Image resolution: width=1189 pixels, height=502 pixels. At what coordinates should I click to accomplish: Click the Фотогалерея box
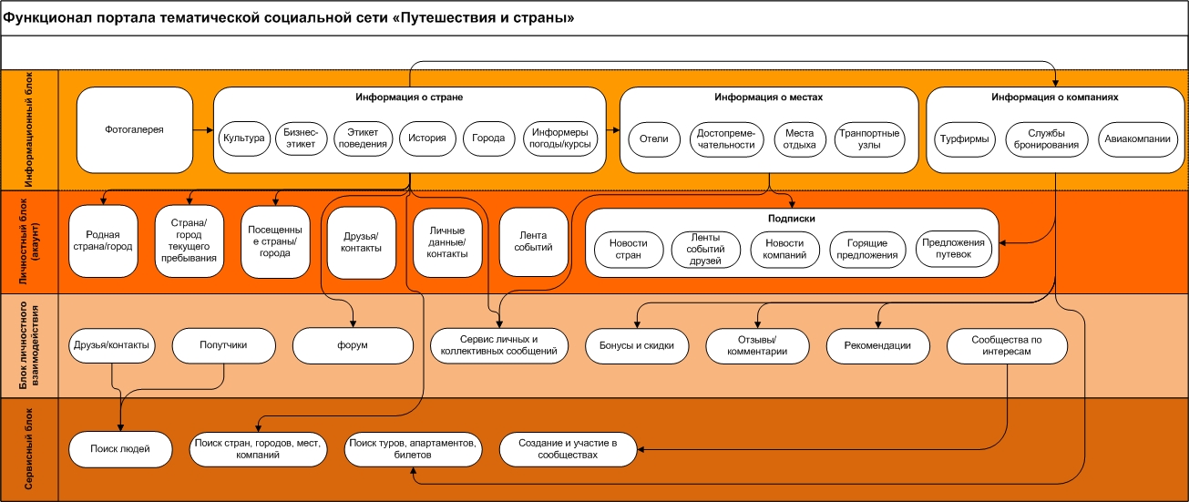click(x=135, y=129)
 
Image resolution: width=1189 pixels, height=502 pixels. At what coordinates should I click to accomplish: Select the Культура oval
click(x=243, y=138)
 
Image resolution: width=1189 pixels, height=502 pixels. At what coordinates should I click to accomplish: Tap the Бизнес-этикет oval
click(x=301, y=138)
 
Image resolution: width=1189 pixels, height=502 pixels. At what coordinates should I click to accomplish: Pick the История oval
click(x=427, y=138)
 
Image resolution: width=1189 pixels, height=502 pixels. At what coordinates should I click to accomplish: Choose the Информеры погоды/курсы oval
click(x=559, y=138)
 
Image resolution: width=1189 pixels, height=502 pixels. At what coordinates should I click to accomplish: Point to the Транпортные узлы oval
click(x=869, y=138)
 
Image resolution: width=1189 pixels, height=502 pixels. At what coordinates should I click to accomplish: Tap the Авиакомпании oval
click(x=1139, y=138)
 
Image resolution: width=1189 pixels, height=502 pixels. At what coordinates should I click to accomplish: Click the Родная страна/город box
click(x=103, y=241)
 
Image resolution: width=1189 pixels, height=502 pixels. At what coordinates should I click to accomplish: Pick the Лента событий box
click(x=533, y=241)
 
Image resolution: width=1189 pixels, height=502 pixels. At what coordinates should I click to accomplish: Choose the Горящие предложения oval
click(x=865, y=248)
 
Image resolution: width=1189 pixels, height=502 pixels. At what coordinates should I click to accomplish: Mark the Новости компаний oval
click(x=785, y=248)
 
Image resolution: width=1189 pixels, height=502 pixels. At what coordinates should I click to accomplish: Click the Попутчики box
click(x=224, y=345)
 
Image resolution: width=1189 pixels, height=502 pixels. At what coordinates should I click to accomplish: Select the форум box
click(x=354, y=345)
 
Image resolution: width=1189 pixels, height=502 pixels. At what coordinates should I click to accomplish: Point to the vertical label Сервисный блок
click(x=29, y=448)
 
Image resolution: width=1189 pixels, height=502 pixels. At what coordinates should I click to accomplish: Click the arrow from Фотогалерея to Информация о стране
click(x=202, y=129)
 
